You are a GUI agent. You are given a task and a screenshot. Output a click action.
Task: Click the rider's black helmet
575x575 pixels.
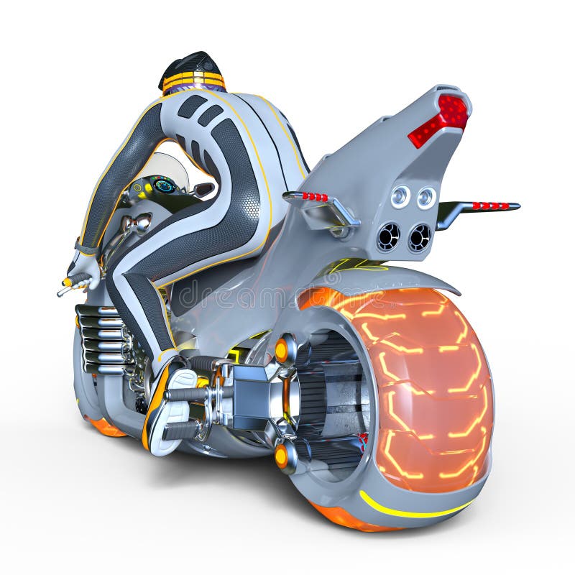pyautogui.click(x=190, y=65)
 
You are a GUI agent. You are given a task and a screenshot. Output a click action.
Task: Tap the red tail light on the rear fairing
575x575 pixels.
pyautogui.click(x=441, y=119)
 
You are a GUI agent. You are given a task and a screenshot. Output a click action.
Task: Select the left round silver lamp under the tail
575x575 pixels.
pyautogui.click(x=400, y=196)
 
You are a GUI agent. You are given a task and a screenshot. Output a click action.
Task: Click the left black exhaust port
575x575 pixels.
pyautogui.click(x=389, y=236)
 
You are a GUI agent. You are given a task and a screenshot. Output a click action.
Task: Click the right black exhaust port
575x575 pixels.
pyautogui.click(x=420, y=237)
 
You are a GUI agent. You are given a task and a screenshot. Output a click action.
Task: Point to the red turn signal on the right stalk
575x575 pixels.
pyautogui.click(x=490, y=206)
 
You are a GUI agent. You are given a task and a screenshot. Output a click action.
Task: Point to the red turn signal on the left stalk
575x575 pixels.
pyautogui.click(x=314, y=196)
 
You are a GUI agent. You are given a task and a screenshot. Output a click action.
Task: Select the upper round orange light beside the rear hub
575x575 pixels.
pyautogui.click(x=282, y=350)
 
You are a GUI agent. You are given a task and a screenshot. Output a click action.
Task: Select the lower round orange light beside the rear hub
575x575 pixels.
pyautogui.click(x=281, y=456)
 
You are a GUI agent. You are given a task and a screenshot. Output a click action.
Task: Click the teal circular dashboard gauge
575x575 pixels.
pyautogui.click(x=165, y=185)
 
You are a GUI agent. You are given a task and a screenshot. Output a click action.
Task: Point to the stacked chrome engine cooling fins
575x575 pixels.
pyautogui.click(x=101, y=338)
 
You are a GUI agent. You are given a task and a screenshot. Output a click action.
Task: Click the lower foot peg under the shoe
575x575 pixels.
pyautogui.click(x=183, y=431)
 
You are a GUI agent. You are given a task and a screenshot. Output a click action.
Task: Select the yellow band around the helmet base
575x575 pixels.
pyautogui.click(x=193, y=81)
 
